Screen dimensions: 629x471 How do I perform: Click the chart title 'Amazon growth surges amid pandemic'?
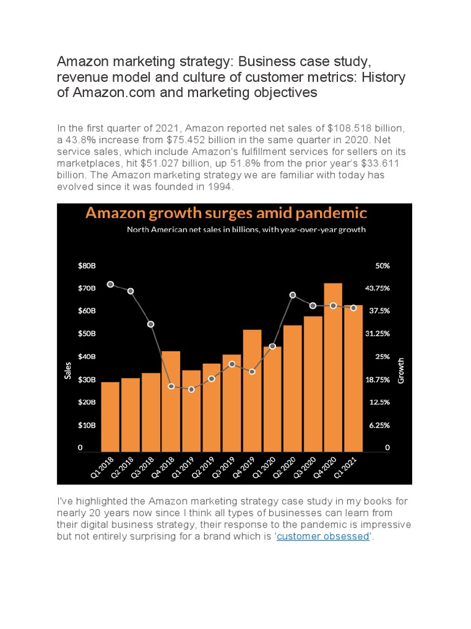tap(226, 213)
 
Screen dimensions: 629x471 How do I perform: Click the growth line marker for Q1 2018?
tap(110, 284)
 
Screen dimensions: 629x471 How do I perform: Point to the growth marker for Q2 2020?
tap(293, 295)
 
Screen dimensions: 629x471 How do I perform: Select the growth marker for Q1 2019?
tap(191, 389)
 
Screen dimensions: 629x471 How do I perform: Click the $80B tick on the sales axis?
tap(86, 265)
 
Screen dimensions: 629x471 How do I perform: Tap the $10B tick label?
tap(86, 425)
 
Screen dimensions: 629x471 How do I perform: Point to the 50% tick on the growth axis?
tap(383, 265)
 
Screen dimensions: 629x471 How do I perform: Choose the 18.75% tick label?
tap(378, 380)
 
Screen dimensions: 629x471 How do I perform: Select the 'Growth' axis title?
tap(402, 370)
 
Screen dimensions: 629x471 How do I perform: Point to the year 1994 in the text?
tap(220, 186)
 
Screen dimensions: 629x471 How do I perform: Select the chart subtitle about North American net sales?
tap(246, 230)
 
